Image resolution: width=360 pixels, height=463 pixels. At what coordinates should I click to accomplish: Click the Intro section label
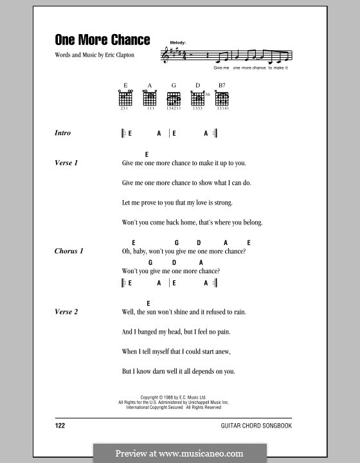point(62,133)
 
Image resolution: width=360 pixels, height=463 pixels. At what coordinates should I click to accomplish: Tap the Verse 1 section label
point(66,163)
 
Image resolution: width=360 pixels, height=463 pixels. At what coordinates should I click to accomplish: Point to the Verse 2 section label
point(66,312)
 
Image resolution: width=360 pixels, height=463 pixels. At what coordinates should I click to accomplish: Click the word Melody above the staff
point(178,42)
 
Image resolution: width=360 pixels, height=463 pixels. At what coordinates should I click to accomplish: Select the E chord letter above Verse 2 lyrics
point(148,302)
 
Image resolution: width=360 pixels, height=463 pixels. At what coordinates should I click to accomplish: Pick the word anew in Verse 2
point(221,352)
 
